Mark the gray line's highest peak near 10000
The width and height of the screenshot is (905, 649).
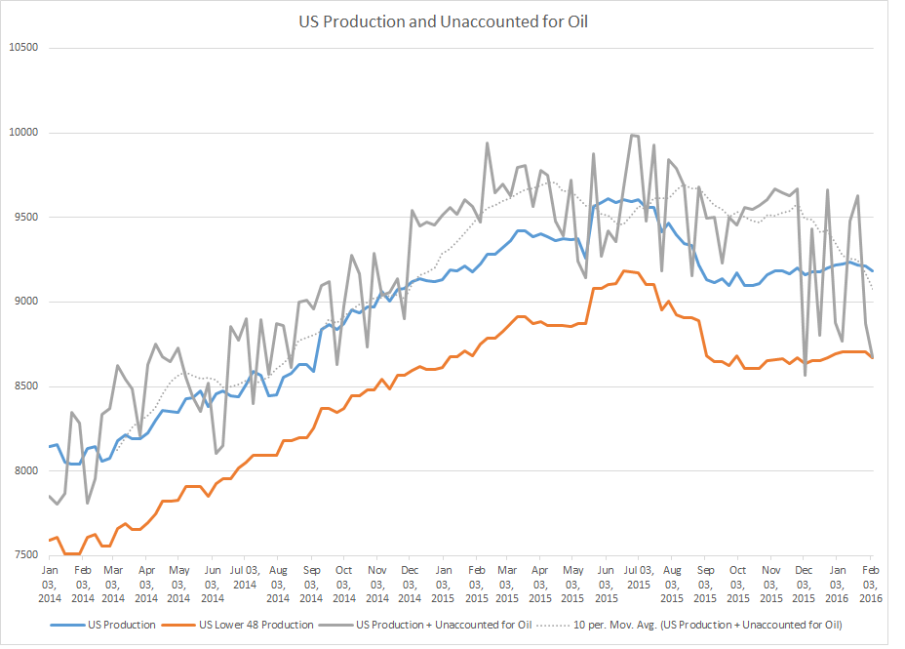(x=633, y=135)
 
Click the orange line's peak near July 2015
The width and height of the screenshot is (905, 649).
(x=625, y=270)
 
